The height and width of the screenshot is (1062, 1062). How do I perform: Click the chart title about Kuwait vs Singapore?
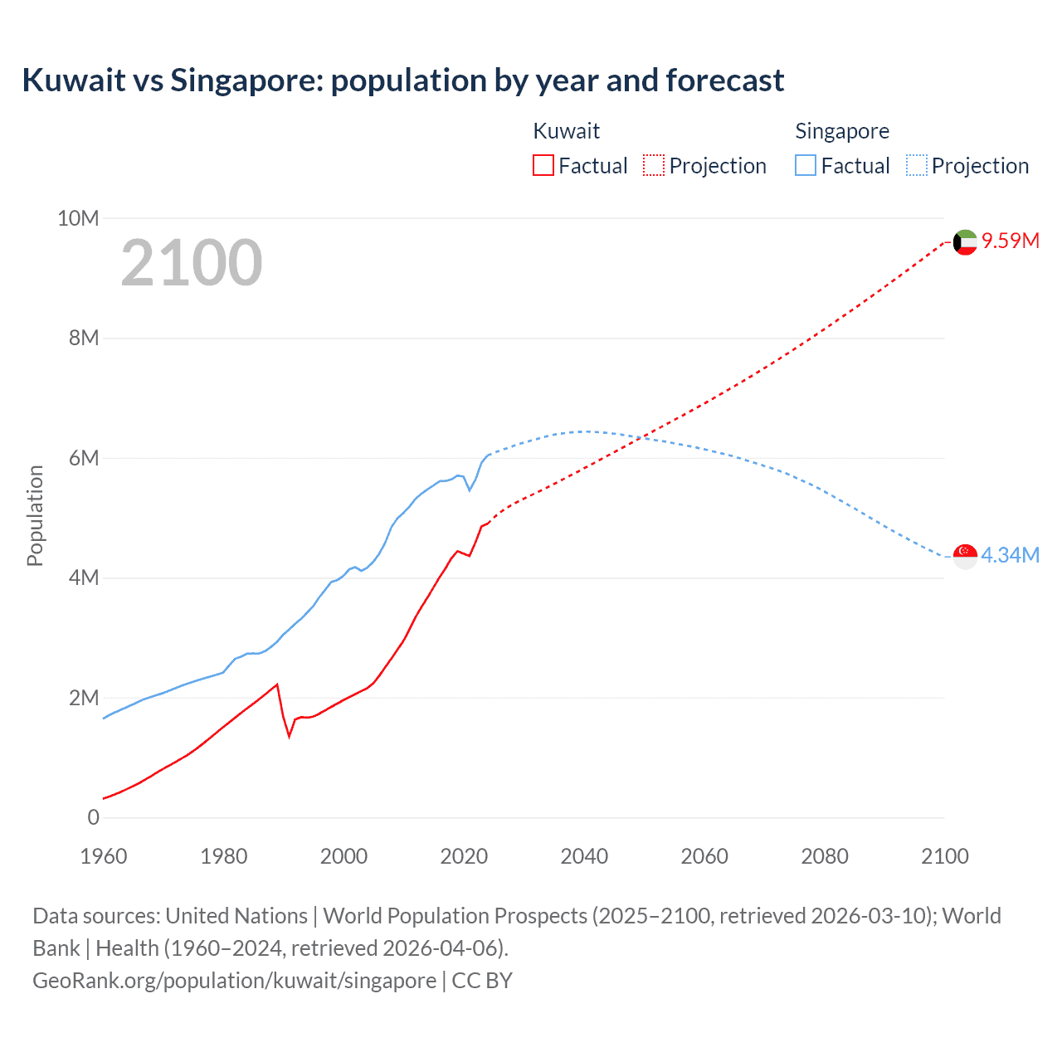402,80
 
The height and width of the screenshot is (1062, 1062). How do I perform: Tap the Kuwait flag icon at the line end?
965,242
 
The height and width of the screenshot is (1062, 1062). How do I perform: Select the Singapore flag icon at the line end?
965,556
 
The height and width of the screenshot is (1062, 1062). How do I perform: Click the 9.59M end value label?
1011,241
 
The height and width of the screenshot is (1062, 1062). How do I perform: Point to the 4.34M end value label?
1010,555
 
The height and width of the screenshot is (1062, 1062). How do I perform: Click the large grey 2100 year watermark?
192,263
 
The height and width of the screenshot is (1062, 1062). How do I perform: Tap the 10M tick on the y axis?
78,218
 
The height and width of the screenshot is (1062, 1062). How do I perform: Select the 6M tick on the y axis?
83,458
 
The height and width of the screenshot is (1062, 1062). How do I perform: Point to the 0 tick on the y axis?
93,817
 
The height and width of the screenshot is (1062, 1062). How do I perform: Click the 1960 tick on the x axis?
104,856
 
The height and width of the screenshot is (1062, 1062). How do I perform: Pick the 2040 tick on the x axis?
584,856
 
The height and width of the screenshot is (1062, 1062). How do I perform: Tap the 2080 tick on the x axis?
825,856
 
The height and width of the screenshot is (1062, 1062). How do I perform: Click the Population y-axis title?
35,515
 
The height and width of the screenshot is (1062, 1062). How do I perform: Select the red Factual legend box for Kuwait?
543,165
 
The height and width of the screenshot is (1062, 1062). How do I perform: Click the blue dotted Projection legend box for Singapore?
916,165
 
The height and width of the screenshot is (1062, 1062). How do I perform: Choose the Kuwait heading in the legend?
566,131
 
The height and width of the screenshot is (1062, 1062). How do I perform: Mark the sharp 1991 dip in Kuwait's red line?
290,736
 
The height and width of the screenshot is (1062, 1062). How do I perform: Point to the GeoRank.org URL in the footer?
234,980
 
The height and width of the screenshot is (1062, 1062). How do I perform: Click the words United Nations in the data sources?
236,915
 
